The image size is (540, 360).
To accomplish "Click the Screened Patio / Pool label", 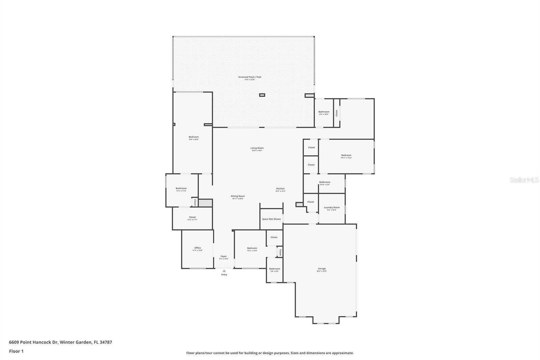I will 250,77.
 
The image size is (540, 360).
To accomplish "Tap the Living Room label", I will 257,148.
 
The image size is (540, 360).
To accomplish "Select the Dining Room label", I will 238,196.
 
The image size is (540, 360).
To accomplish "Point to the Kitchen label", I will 280,189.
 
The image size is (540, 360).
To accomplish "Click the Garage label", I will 322,269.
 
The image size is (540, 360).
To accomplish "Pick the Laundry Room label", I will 332,208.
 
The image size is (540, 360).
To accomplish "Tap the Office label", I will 197,248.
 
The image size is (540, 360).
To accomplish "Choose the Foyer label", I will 224,256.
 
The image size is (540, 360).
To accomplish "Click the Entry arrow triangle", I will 224,271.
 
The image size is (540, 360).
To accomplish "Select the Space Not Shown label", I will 271,219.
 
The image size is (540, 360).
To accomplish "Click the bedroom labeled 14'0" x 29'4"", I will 193,137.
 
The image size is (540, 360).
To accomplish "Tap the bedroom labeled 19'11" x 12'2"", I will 346,155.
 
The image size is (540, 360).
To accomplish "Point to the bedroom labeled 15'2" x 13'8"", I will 252,248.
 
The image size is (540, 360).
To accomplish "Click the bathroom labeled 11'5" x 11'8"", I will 181,188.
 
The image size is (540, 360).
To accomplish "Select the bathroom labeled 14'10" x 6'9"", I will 324,182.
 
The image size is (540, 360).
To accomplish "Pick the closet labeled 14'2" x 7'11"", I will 192,217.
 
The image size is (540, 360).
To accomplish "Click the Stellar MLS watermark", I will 524,180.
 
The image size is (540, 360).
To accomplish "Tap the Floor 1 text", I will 16,351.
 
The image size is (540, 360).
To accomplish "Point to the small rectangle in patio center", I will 262,95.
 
